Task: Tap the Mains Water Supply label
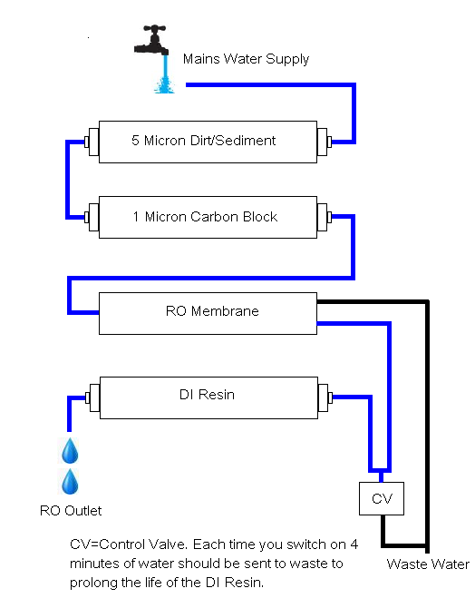tap(246, 59)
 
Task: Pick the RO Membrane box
tap(207, 312)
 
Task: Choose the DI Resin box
tap(207, 396)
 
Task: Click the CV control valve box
tap(381, 498)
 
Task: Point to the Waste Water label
tap(428, 564)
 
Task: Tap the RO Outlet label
tap(71, 511)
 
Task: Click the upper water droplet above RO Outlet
tap(71, 450)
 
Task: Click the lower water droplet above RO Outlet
tap(71, 481)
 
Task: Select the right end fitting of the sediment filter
tap(324, 142)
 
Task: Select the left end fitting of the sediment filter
tap(91, 142)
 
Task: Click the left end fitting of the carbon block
tap(91, 218)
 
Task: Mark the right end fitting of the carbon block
tap(324, 218)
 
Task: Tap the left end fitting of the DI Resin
tap(91, 397)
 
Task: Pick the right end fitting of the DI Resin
tap(324, 397)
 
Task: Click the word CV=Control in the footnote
tap(109, 545)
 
